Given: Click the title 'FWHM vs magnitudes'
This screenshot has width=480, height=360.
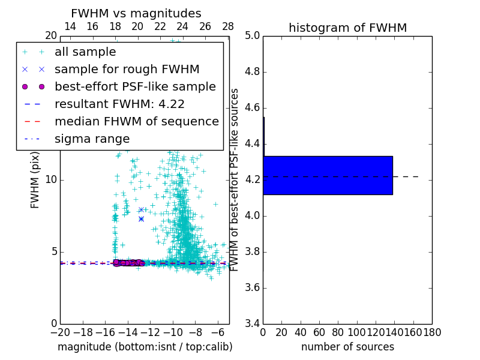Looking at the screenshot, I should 136,13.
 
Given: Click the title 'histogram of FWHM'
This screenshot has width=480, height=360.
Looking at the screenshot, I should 347,28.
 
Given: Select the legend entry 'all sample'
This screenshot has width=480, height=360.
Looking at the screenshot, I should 85,52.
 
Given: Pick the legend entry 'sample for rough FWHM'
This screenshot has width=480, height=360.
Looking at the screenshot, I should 127,70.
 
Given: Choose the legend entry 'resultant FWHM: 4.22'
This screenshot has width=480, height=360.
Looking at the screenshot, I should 119,104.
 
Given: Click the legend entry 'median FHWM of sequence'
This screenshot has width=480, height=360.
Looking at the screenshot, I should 136,121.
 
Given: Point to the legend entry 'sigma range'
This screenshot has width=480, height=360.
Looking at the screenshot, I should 92,139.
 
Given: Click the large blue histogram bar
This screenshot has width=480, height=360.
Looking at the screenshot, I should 328,175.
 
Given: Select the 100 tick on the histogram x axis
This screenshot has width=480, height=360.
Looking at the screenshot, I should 357,332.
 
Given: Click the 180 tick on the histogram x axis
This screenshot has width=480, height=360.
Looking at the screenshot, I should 432,332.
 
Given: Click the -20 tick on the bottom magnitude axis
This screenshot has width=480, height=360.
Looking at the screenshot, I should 60,332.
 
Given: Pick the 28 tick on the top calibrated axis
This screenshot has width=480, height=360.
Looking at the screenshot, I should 228,26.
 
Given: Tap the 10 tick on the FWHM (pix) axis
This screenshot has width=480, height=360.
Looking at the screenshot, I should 52,180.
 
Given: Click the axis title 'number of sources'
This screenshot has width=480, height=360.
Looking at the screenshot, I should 347,347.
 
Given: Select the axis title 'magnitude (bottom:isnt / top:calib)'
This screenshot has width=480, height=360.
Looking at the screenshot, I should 145,347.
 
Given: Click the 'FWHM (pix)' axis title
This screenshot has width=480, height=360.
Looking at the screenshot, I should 35,180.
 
